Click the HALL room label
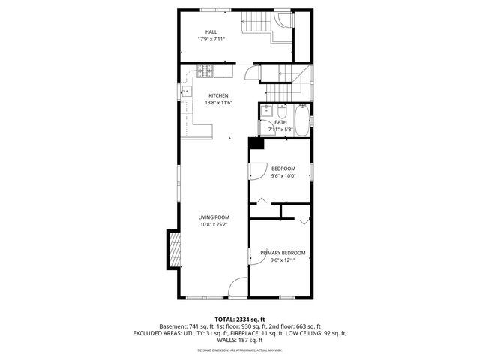point(211,32)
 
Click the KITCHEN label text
point(218,95)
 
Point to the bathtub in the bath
point(302,122)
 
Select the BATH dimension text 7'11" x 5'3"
point(280,129)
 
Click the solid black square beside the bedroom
point(256,144)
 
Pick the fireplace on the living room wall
point(174,247)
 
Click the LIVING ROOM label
point(213,217)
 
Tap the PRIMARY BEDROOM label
point(283,253)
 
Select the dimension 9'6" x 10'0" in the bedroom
point(283,176)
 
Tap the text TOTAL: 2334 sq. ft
point(240,319)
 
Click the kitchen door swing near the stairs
point(250,71)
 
